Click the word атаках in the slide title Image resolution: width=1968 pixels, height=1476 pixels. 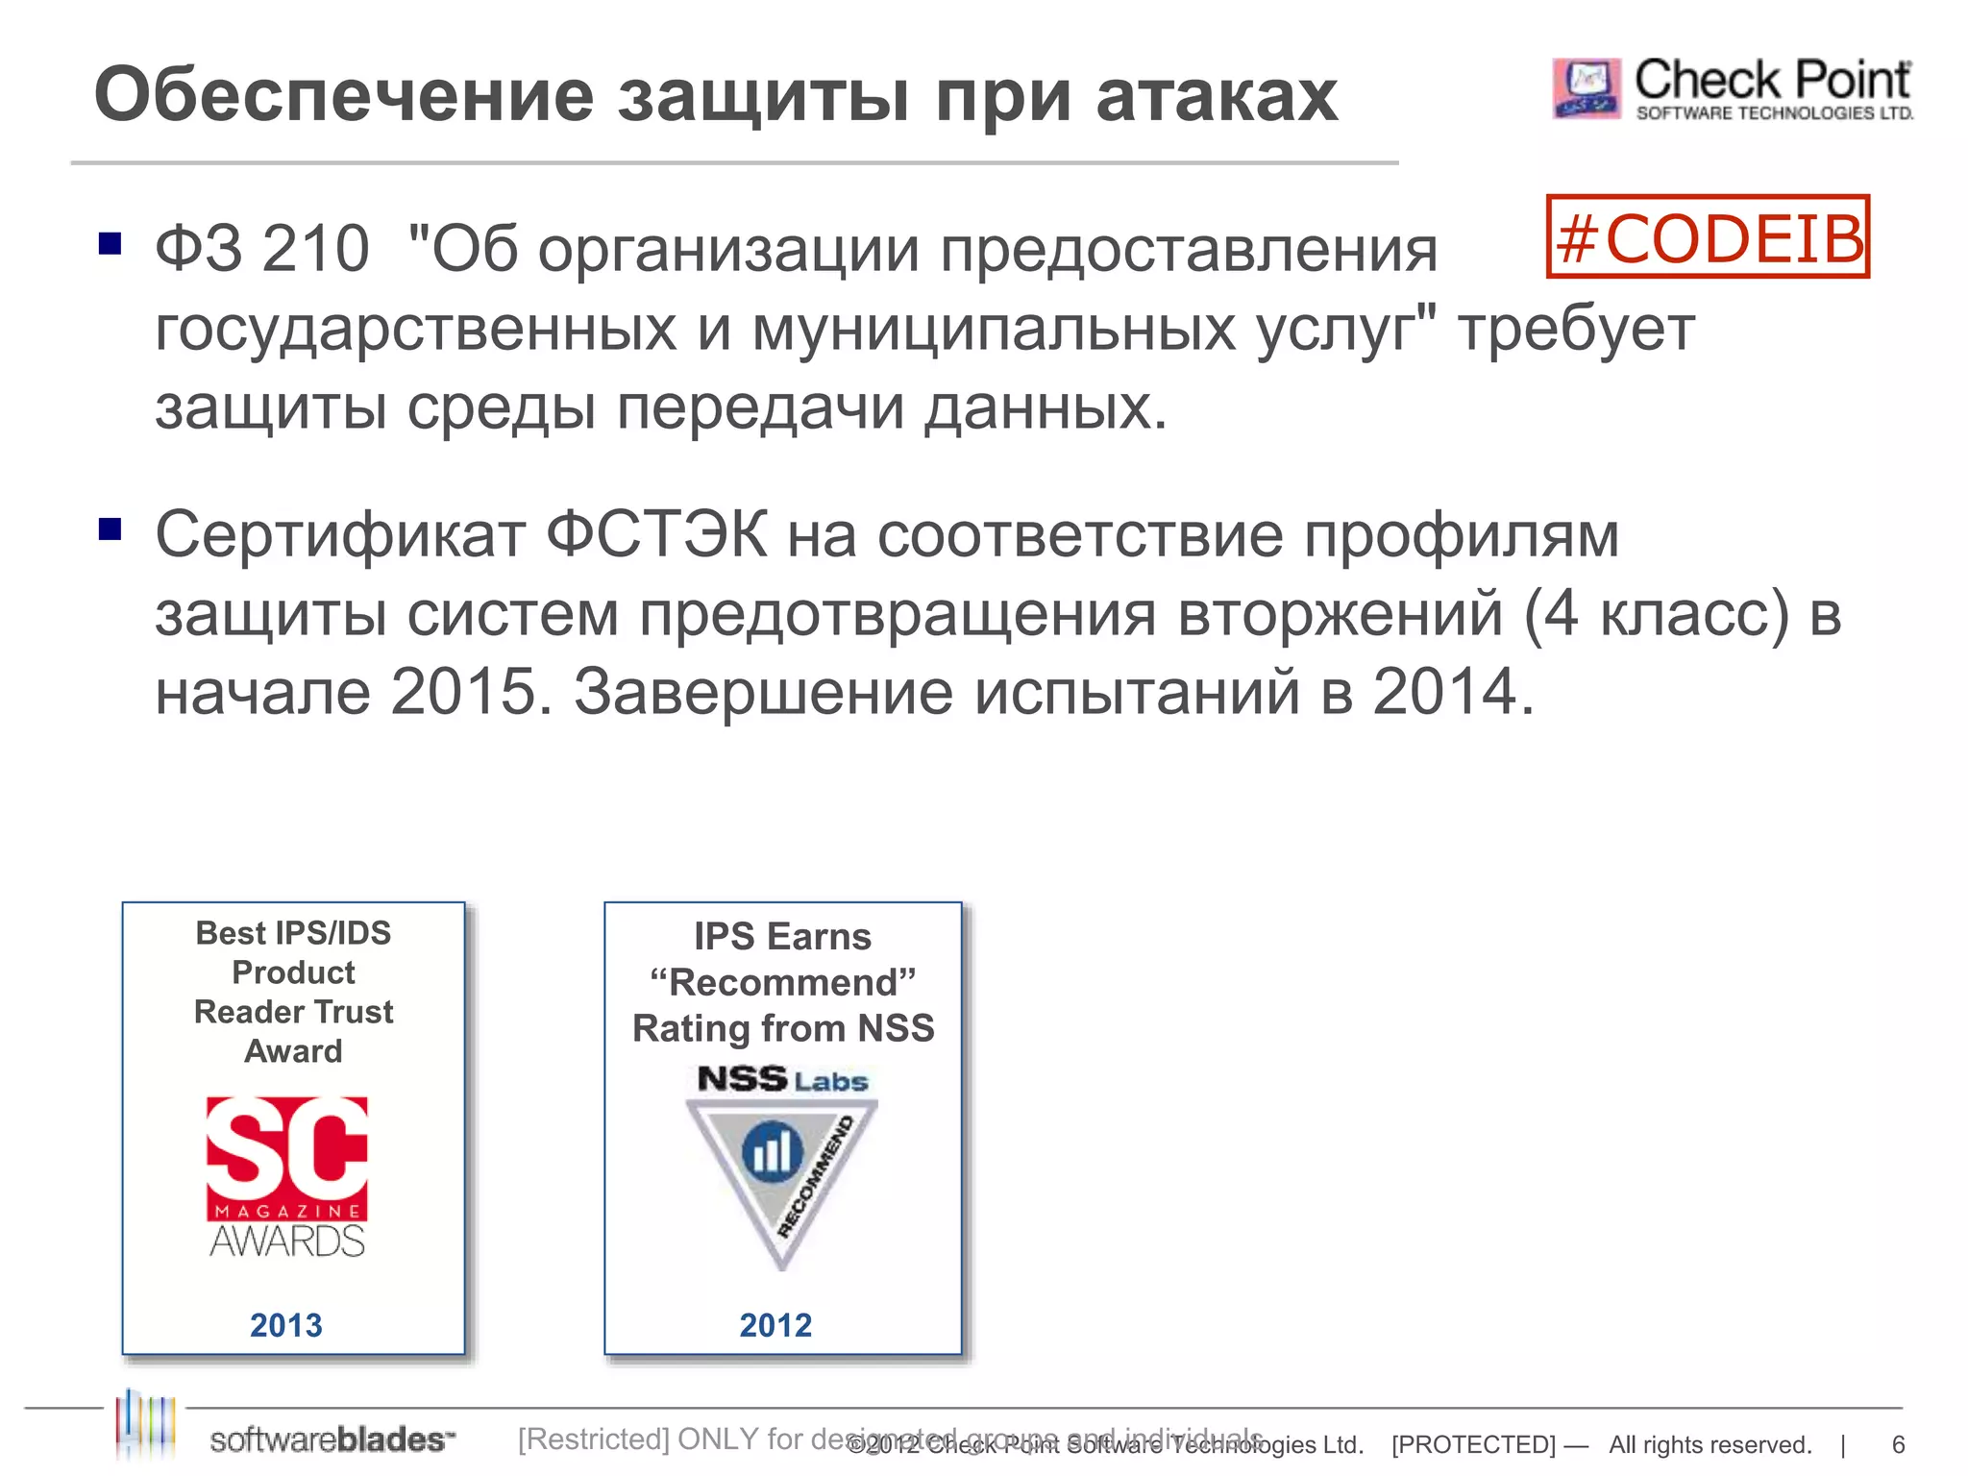click(x=1217, y=96)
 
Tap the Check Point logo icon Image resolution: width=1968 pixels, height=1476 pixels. click(x=1586, y=89)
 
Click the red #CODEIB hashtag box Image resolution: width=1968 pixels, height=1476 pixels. click(x=1708, y=237)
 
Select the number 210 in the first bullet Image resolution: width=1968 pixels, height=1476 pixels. click(x=315, y=249)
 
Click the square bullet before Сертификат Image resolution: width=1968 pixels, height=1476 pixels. click(x=111, y=529)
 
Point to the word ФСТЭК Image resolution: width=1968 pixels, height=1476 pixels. click(x=657, y=535)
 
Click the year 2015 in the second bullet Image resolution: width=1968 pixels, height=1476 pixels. click(x=462, y=692)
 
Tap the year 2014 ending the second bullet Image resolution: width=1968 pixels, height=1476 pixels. click(x=1444, y=692)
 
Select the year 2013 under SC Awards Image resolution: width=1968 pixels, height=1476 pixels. click(x=286, y=1325)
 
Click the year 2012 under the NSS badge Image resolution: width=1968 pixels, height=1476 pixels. click(x=775, y=1325)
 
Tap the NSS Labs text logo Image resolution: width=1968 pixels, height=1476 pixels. click(x=782, y=1080)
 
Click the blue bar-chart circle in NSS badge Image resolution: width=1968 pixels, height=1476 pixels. click(x=773, y=1150)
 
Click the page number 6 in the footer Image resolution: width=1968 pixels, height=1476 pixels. click(x=1898, y=1444)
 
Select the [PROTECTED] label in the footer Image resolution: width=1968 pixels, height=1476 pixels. click(x=1473, y=1444)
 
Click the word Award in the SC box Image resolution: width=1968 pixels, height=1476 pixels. click(x=293, y=1051)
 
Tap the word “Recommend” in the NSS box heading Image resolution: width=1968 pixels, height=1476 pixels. click(x=782, y=983)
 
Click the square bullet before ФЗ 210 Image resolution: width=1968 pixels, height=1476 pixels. click(x=111, y=244)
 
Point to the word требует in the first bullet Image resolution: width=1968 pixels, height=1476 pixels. click(x=1576, y=330)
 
